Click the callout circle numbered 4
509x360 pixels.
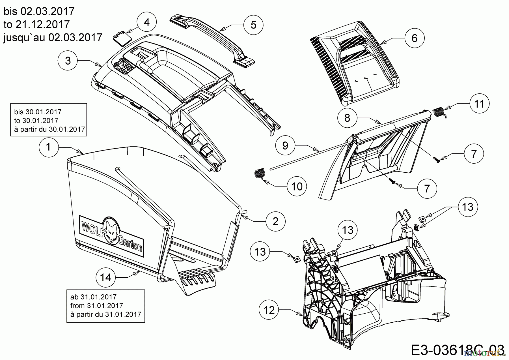click(146, 22)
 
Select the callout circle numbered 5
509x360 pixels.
click(253, 25)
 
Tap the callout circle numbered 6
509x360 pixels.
click(414, 38)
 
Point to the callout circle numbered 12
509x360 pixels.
click(269, 310)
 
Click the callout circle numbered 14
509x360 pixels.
click(106, 277)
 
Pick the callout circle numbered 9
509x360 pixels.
click(285, 145)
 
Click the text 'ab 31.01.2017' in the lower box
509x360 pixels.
click(93, 297)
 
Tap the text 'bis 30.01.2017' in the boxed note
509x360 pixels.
click(38, 112)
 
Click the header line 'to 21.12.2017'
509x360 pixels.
click(37, 24)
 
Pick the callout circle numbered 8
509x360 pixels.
click(347, 118)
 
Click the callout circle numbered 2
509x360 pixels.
click(275, 221)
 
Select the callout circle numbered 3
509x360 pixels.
click(68, 61)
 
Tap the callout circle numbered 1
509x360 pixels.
click(49, 147)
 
